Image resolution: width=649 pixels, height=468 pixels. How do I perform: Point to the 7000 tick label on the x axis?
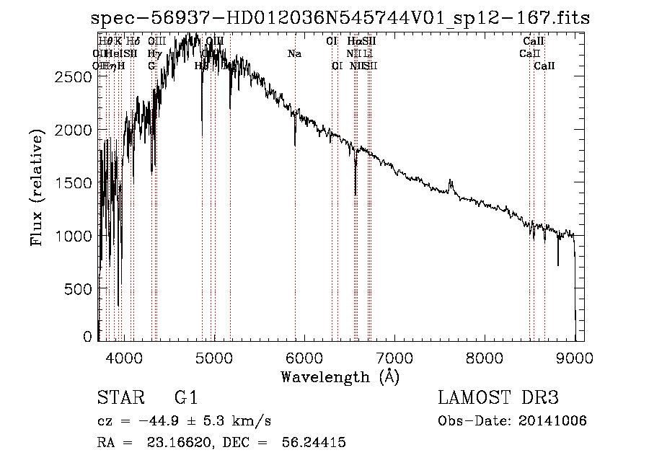394,357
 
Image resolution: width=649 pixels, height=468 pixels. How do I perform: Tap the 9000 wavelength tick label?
575,357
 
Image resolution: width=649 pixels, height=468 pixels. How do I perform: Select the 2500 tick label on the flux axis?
74,76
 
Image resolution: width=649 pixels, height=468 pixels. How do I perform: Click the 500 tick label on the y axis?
79,288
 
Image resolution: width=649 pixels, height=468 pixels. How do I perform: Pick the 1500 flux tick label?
74,182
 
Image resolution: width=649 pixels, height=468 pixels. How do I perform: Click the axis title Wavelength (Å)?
340,376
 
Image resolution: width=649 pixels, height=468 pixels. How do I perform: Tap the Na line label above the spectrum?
294,53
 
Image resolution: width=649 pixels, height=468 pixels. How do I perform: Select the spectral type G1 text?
185,398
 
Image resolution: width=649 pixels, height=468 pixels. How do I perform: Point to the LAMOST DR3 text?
498,398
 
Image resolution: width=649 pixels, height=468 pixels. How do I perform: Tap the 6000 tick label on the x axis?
304,357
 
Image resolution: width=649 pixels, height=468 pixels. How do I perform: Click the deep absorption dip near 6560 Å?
356,189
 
